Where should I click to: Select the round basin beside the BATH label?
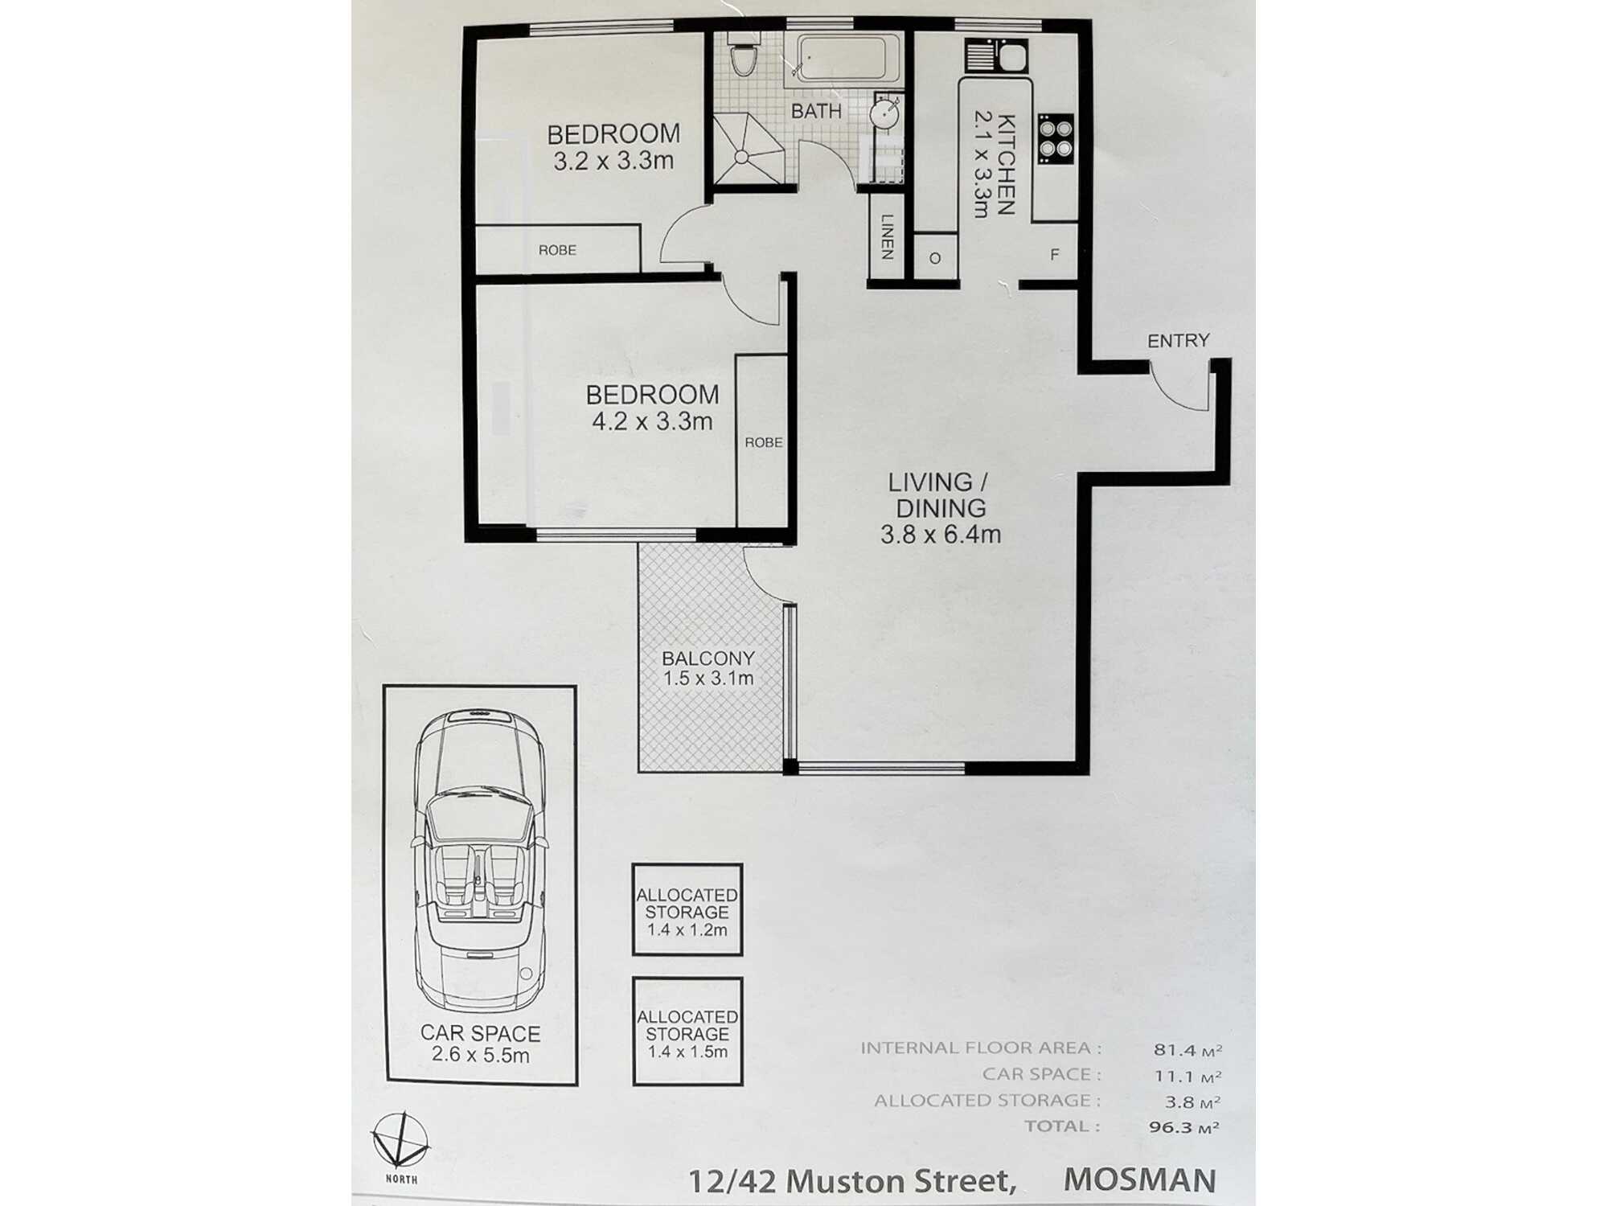(884, 113)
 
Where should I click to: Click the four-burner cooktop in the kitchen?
(1056, 138)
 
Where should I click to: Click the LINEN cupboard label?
(887, 236)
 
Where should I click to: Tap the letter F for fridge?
(1054, 255)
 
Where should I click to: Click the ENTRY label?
(1178, 341)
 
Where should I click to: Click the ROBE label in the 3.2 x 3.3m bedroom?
(557, 250)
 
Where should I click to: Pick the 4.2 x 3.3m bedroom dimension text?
(652, 421)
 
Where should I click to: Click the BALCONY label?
(708, 658)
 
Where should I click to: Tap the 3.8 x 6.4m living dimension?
(940, 535)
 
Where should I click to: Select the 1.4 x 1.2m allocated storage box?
(687, 910)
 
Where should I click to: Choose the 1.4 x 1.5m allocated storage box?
(687, 1032)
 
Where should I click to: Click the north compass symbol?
(400, 1141)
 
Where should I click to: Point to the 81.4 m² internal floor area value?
(1187, 1049)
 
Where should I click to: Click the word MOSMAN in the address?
(1139, 1179)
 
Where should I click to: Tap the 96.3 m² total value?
(1183, 1127)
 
